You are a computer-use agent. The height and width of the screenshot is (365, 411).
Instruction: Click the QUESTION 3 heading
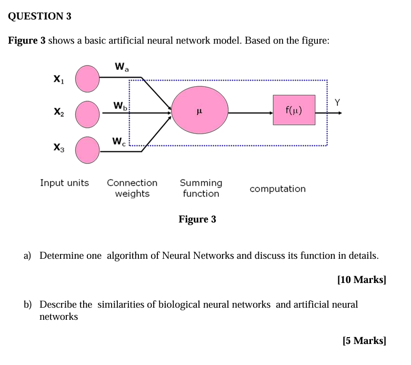pos(40,16)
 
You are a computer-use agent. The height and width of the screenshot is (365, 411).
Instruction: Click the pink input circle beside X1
pos(87,78)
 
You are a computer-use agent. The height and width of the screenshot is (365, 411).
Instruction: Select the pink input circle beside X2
pos(87,114)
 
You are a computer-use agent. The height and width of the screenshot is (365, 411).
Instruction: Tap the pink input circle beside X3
pos(87,149)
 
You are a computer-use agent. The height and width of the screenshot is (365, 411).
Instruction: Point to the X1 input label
pos(58,79)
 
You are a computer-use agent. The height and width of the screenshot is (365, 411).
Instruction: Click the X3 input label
pos(58,149)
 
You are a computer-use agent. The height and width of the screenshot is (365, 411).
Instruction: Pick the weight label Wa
pos(121,67)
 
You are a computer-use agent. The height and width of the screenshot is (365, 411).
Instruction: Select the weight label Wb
pos(121,106)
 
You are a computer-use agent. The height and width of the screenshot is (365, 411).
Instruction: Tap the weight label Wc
pos(119,141)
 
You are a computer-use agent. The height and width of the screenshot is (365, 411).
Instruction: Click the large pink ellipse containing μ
pos(200,111)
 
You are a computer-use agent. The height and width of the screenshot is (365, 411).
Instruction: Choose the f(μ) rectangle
pos(294,110)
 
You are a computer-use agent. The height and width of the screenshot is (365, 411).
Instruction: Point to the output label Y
pos(337,102)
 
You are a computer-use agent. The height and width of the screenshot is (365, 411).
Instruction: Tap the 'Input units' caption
pos(65,183)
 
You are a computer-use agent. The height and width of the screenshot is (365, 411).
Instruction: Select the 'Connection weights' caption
pos(132,188)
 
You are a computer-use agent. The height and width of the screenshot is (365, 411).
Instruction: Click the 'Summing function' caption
pos(201,188)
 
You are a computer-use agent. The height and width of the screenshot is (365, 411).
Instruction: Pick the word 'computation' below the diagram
pos(277,189)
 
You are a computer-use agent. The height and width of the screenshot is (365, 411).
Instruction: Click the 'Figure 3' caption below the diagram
pos(197,219)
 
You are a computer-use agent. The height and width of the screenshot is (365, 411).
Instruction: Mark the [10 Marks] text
pos(362,280)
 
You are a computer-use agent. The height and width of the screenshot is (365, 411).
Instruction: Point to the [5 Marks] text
pos(364,341)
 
